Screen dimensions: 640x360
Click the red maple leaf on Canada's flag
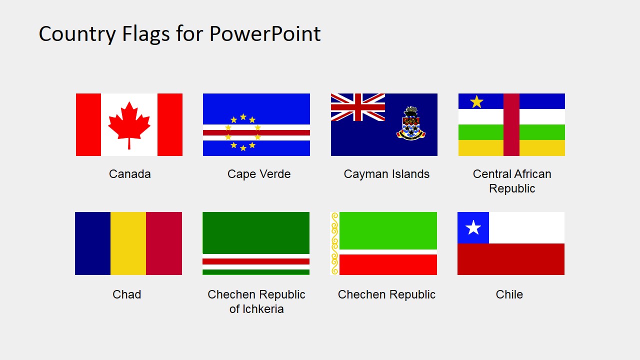(x=129, y=125)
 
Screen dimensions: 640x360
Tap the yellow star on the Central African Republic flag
(x=476, y=101)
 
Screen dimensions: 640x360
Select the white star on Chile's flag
(x=473, y=227)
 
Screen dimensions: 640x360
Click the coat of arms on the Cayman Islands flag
(x=411, y=123)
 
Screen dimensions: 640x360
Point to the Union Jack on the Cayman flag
(x=357, y=107)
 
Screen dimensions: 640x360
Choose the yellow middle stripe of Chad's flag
(x=128, y=243)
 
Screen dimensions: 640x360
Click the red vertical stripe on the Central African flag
(x=511, y=124)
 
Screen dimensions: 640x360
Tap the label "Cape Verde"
(x=259, y=174)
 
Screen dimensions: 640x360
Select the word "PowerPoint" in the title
(x=265, y=34)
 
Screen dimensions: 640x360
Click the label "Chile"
(x=509, y=294)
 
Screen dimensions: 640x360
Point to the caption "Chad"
(x=127, y=294)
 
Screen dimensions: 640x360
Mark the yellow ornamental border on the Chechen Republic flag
(x=335, y=243)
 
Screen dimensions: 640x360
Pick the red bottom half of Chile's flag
(x=511, y=259)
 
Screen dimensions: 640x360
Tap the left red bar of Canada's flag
(x=88, y=124)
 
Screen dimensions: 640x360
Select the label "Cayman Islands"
(x=386, y=174)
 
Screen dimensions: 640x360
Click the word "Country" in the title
(x=77, y=34)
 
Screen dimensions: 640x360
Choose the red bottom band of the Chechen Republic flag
(x=388, y=264)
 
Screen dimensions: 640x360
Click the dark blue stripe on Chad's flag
(x=93, y=243)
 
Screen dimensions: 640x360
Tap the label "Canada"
(x=129, y=174)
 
